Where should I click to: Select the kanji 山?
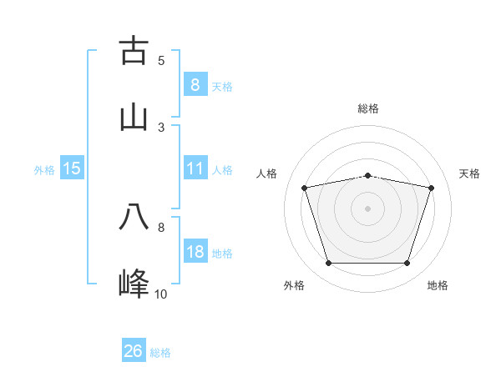(x=134, y=118)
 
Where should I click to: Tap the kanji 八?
(x=134, y=216)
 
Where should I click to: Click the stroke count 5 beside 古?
(x=161, y=60)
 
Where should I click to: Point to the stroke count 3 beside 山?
(x=161, y=127)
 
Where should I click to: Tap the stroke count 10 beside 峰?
(x=160, y=294)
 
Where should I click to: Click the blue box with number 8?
(x=195, y=84)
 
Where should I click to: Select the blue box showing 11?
(x=195, y=168)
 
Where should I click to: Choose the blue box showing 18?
(x=195, y=252)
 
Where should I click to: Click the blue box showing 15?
(x=72, y=168)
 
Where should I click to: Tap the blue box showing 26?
(x=134, y=351)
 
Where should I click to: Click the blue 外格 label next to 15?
(x=44, y=169)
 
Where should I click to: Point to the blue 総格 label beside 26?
(x=160, y=353)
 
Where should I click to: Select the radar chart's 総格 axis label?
(x=367, y=108)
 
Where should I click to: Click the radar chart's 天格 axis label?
(x=469, y=173)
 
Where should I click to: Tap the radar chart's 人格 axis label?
(x=268, y=173)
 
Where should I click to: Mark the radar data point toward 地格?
(x=407, y=264)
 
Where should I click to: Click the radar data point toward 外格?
(x=328, y=264)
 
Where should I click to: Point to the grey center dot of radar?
(x=367, y=209)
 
